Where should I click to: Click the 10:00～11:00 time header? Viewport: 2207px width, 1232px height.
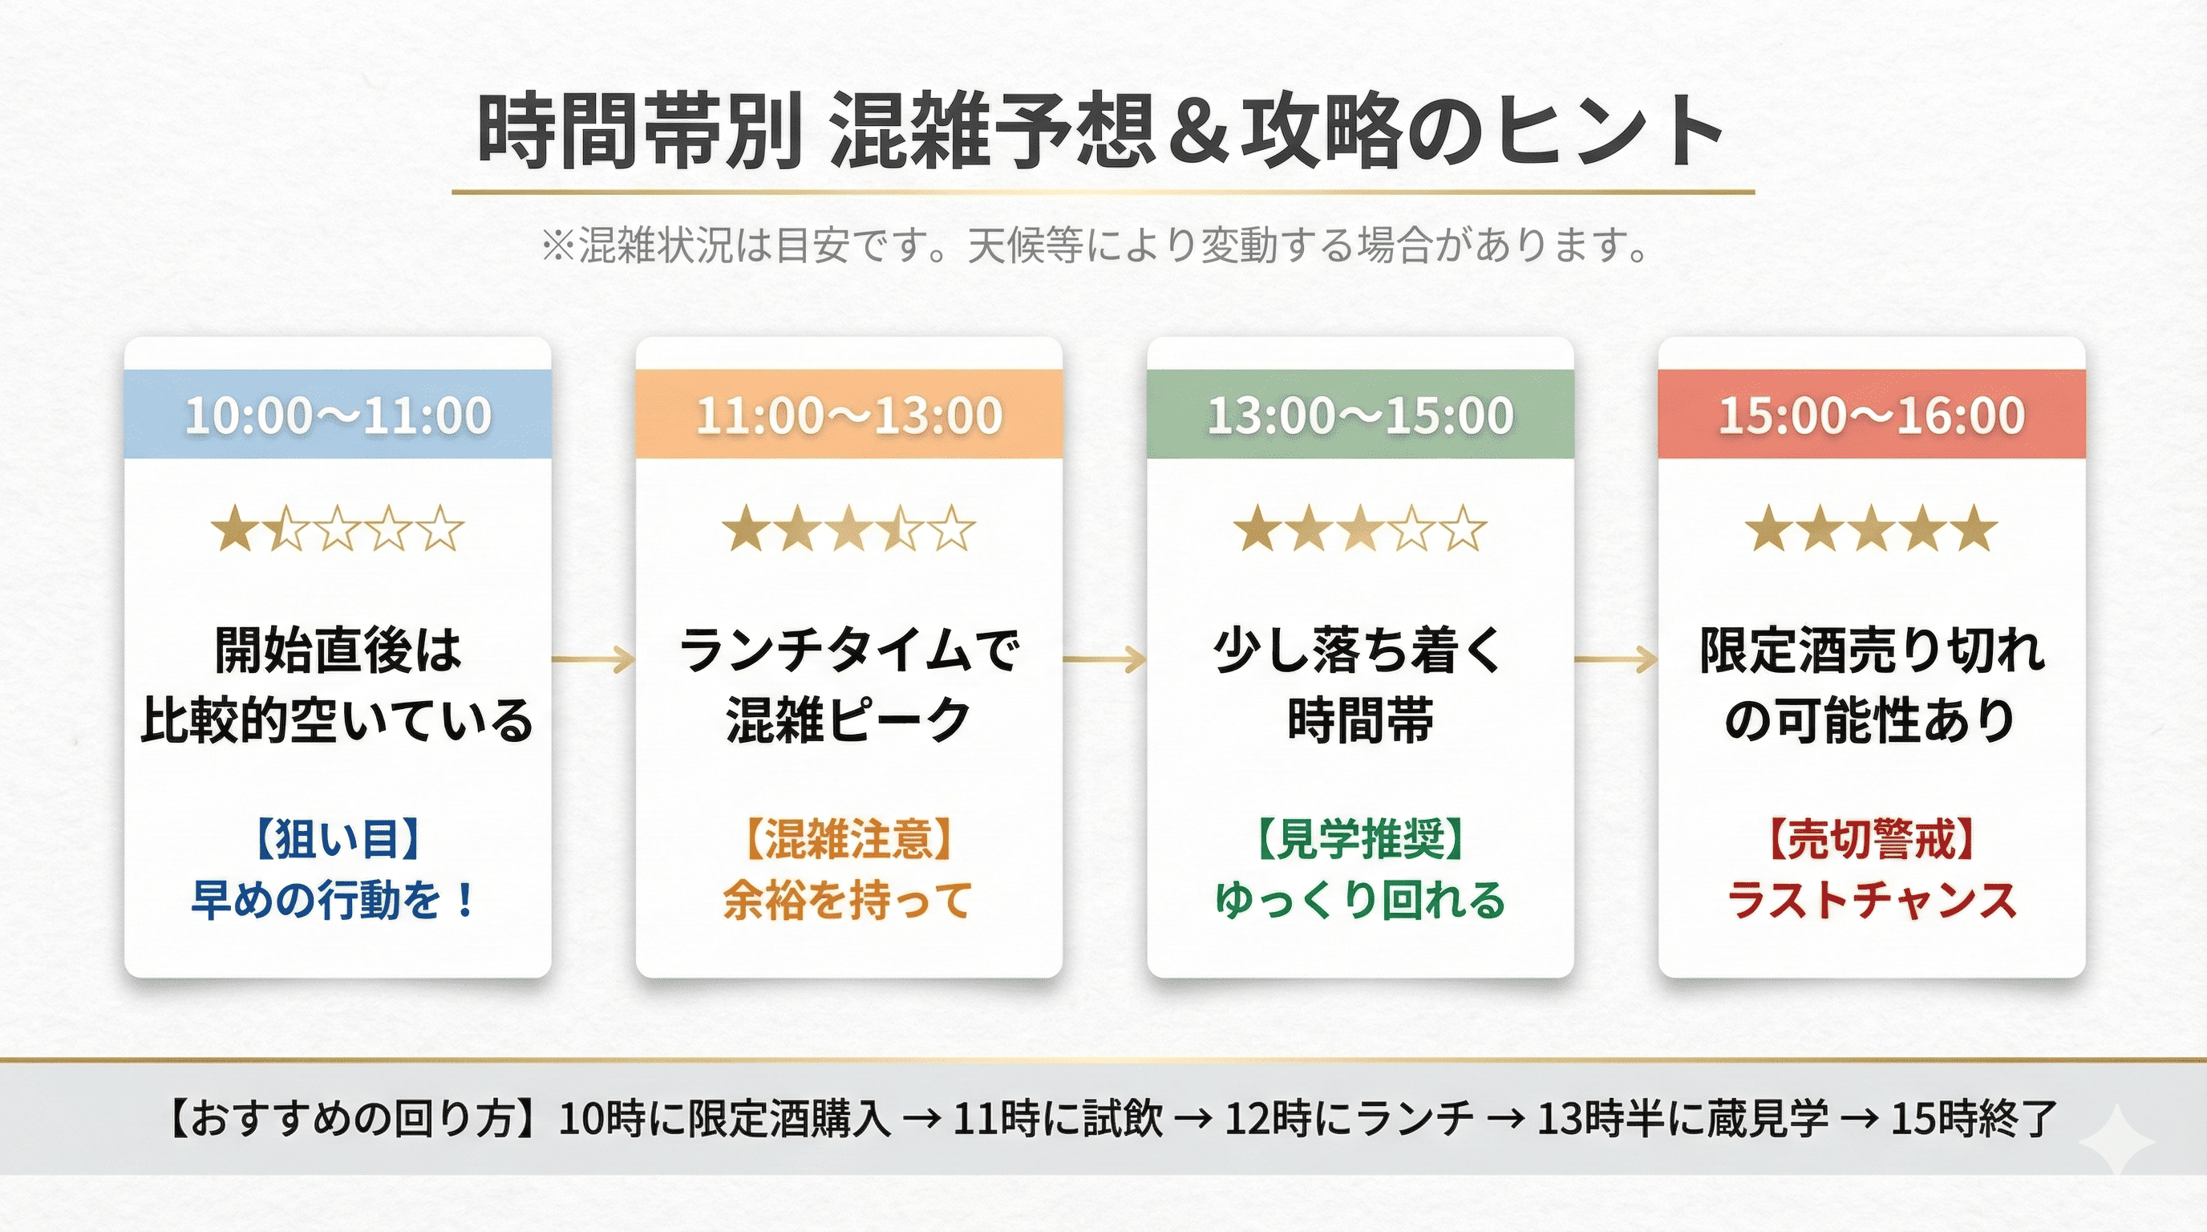338,415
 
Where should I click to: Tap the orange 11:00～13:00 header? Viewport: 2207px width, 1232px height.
849,415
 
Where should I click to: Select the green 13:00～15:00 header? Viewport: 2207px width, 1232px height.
1360,415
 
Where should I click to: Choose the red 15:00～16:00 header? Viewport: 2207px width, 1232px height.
1872,415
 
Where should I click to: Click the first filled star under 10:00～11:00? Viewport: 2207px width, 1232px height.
234,528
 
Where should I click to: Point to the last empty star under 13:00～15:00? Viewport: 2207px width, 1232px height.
1464,528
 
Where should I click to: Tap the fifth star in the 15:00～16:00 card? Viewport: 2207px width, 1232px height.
1974,528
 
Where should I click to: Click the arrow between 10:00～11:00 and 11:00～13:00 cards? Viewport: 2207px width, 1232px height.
593,659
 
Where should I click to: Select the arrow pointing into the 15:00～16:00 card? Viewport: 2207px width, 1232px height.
1616,659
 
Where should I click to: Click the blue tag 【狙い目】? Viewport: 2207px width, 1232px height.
337,838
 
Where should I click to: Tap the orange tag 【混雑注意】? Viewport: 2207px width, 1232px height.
848,838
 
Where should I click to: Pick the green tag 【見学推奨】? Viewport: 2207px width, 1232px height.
1360,838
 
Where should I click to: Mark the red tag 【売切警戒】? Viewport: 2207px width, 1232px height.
1872,838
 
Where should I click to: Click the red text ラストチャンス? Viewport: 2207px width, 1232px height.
1872,901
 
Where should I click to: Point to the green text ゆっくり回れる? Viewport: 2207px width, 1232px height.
1360,901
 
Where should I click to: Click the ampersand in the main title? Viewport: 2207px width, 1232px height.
1199,133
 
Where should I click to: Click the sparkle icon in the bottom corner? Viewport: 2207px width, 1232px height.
2116,1141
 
